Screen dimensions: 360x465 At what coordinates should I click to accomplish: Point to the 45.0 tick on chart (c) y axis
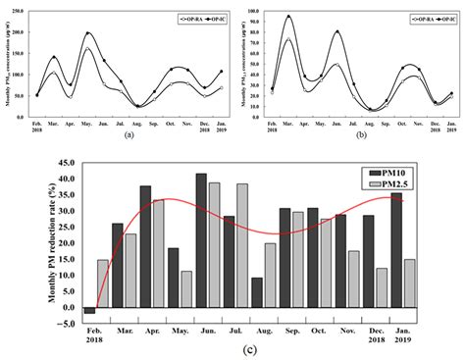(x=65, y=164)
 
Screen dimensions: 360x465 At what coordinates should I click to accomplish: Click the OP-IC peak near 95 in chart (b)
(x=288, y=17)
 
